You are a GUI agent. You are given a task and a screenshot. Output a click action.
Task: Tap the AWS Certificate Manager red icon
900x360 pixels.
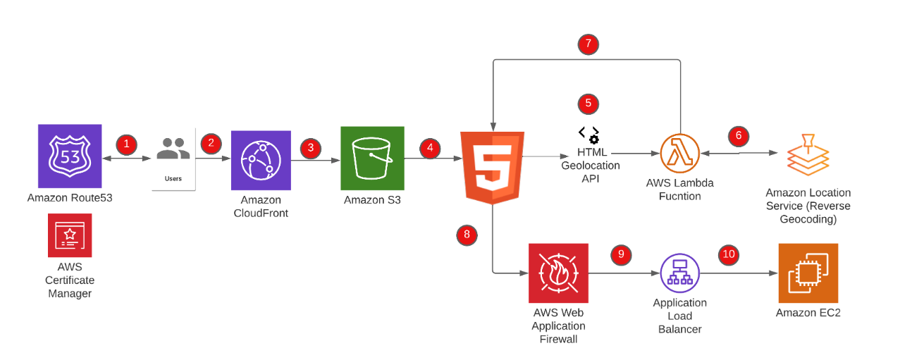[69, 235]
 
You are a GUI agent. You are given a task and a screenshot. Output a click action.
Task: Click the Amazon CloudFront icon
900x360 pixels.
[261, 160]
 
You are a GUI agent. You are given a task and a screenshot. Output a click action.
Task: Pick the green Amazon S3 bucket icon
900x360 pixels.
[372, 158]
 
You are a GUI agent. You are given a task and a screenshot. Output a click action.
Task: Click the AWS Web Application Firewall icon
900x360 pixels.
[558, 273]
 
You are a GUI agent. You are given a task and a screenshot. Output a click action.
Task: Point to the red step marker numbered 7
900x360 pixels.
[588, 44]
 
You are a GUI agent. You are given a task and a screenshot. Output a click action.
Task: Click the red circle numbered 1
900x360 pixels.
[126, 144]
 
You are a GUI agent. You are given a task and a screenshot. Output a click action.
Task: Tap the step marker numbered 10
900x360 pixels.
[729, 254]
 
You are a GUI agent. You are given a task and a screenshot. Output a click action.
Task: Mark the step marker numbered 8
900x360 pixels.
[467, 235]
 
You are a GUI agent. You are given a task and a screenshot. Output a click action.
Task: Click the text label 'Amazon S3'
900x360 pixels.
[371, 201]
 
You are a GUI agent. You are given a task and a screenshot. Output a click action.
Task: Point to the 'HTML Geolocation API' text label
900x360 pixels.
[590, 166]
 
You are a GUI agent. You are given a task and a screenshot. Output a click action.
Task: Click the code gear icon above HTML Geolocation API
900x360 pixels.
[589, 133]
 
